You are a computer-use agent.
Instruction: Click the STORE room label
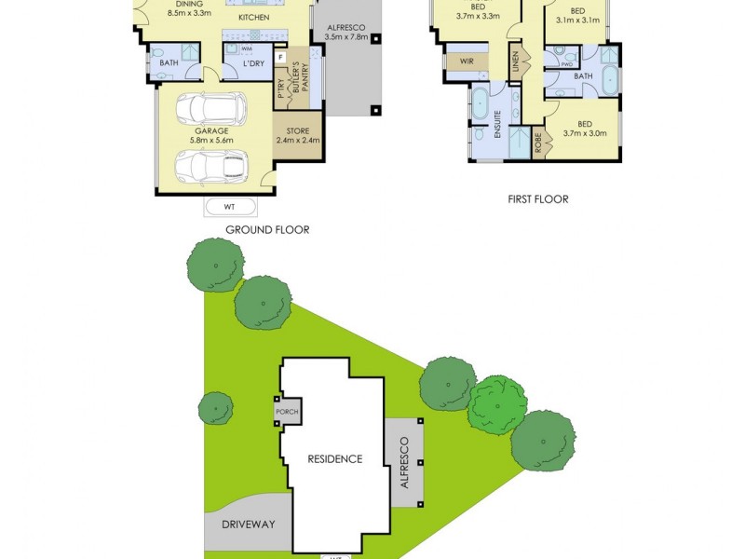pos(297,130)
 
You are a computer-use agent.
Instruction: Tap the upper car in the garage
pos(218,110)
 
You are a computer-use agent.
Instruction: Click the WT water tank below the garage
pos(228,206)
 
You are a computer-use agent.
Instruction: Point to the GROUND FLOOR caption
pos(267,229)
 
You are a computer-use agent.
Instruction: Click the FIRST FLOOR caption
pos(537,198)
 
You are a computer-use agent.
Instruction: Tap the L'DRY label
pos(254,63)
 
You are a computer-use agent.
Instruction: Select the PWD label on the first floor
pos(567,65)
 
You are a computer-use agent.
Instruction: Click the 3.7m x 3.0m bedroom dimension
pos(585,133)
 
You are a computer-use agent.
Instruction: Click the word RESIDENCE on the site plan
pos(335,458)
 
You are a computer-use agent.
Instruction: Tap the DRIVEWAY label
pos(249,525)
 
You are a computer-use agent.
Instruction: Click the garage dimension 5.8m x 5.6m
pos(211,140)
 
